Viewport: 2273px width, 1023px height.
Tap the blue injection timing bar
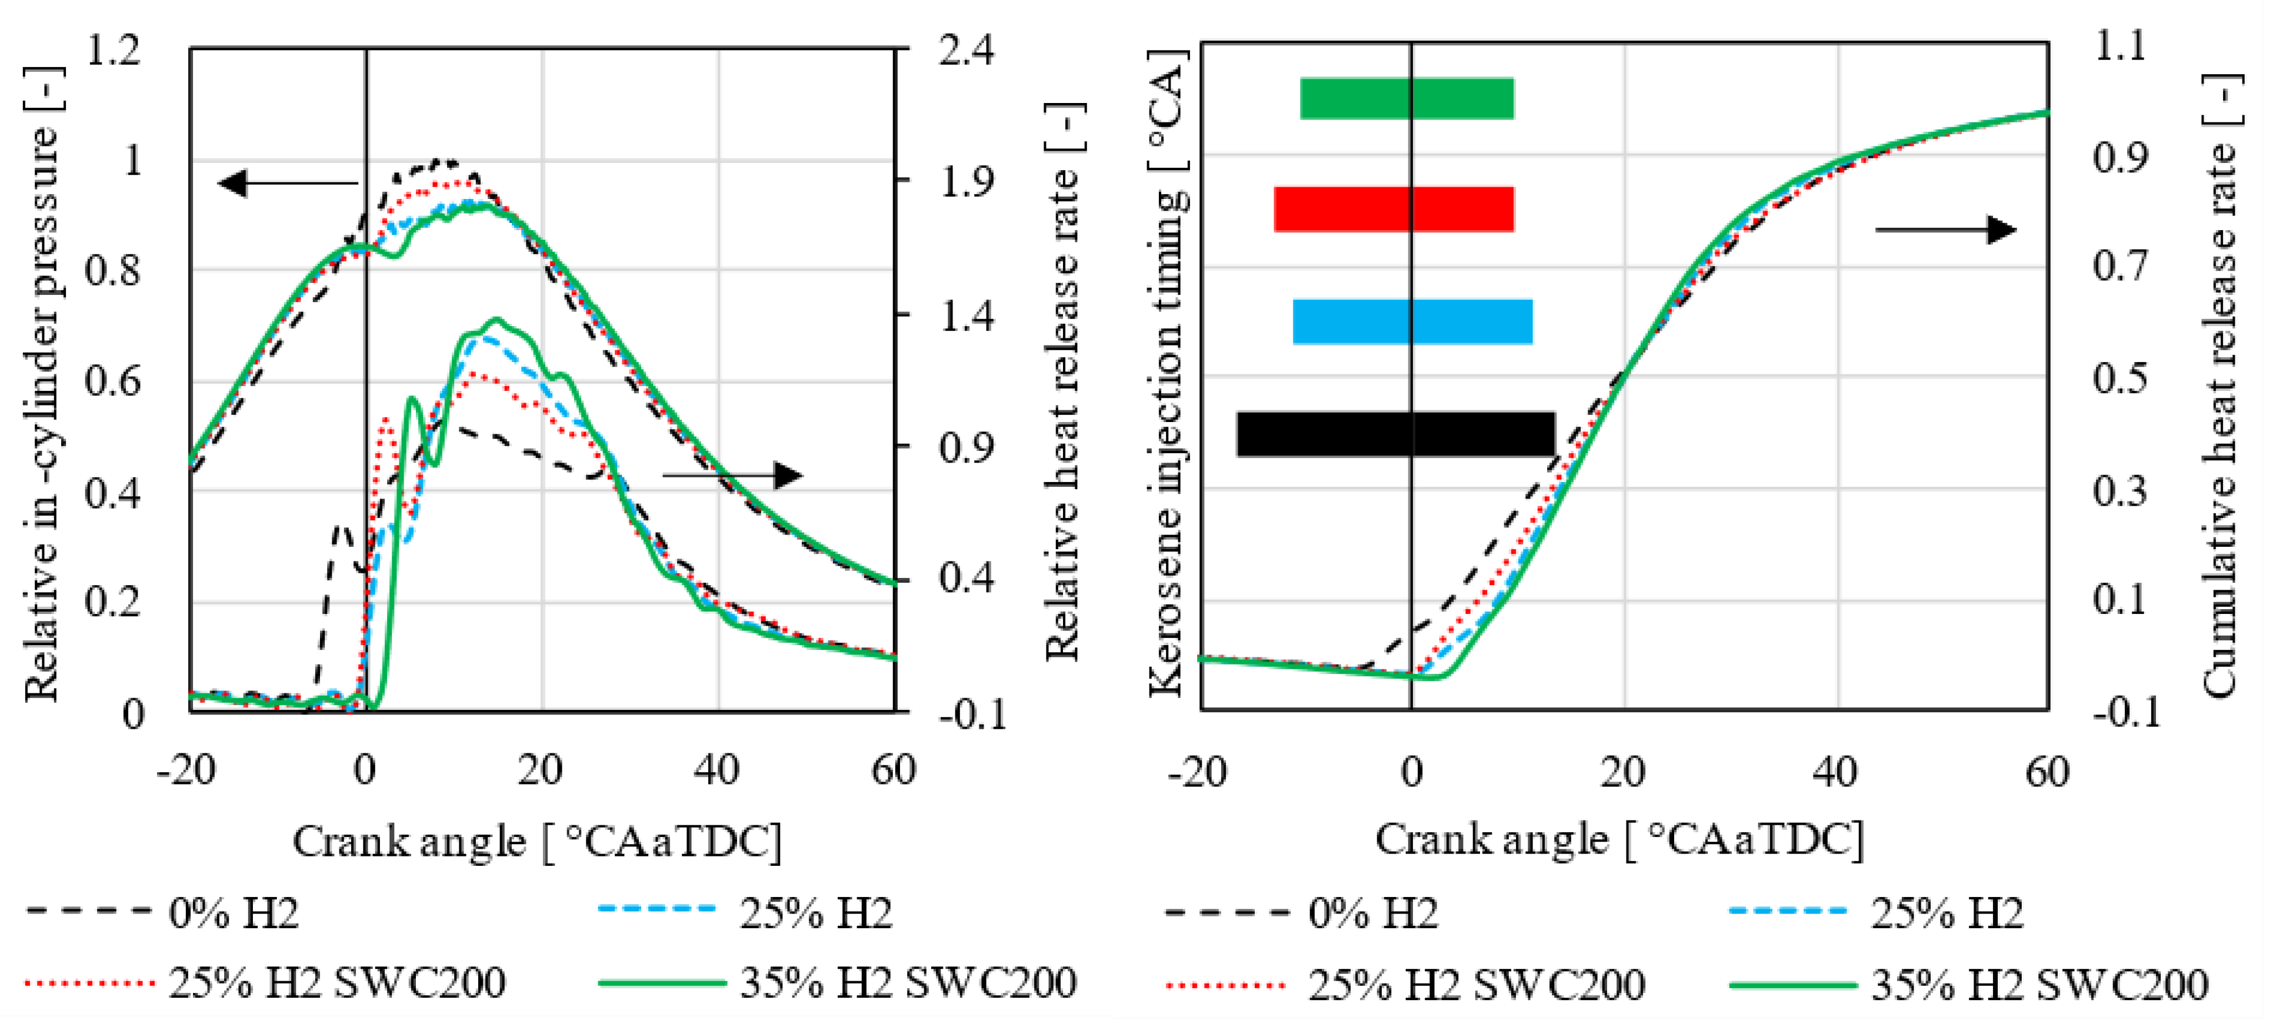tap(1412, 321)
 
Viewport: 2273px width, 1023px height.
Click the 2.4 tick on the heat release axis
tap(965, 50)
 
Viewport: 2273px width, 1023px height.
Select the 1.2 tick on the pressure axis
tap(113, 50)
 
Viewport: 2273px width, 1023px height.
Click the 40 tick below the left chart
tap(716, 770)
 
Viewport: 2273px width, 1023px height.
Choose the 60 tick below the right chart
tap(2047, 772)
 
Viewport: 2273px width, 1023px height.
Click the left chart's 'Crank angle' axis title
tap(536, 841)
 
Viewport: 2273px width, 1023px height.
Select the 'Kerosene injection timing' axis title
tap(1167, 371)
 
